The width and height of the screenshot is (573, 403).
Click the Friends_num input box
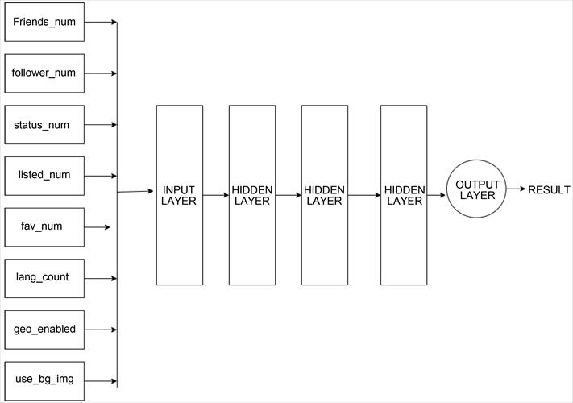pos(44,22)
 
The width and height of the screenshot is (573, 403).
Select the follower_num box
pos(44,73)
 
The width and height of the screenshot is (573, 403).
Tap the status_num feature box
pos(44,125)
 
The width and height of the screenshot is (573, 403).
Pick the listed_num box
pos(44,176)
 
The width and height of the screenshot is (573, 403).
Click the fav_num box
pos(44,226)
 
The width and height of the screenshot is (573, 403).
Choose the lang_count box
pos(44,278)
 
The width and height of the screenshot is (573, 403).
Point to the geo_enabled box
pos(44,330)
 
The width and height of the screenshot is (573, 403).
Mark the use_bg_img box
pos(44,379)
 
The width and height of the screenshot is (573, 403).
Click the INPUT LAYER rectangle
pos(179,195)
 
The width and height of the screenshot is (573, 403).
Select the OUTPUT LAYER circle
pos(477,190)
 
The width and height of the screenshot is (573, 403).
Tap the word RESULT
pos(549,190)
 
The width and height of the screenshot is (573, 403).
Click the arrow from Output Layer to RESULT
pos(517,190)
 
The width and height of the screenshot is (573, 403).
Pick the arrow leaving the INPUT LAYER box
pos(216,195)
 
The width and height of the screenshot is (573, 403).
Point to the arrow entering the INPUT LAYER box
pos(135,192)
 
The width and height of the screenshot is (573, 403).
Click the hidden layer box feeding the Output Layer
pos(404,195)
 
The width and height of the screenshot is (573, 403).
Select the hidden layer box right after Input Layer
pos(252,195)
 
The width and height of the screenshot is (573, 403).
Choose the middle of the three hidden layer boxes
pos(325,195)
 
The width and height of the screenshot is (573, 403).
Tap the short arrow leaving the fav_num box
pos(97,227)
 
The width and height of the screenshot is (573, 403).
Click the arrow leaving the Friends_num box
pos(101,22)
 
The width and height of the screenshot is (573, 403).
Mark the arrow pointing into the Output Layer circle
pos(437,195)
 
